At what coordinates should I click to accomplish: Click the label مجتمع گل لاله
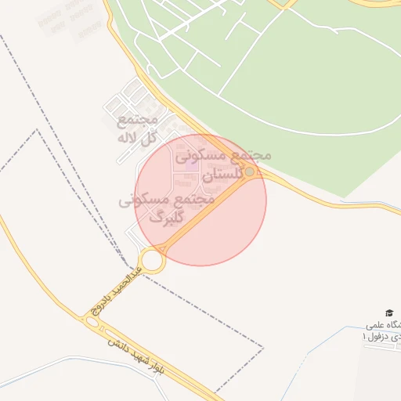(138, 128)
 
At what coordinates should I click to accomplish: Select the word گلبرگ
(166, 217)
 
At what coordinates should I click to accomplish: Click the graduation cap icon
(390, 313)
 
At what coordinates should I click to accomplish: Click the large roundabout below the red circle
(153, 260)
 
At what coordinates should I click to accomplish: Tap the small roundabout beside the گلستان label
(250, 172)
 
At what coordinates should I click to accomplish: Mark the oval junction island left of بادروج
(94, 322)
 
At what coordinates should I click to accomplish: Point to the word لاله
(127, 139)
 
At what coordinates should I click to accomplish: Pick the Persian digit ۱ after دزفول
(364, 336)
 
